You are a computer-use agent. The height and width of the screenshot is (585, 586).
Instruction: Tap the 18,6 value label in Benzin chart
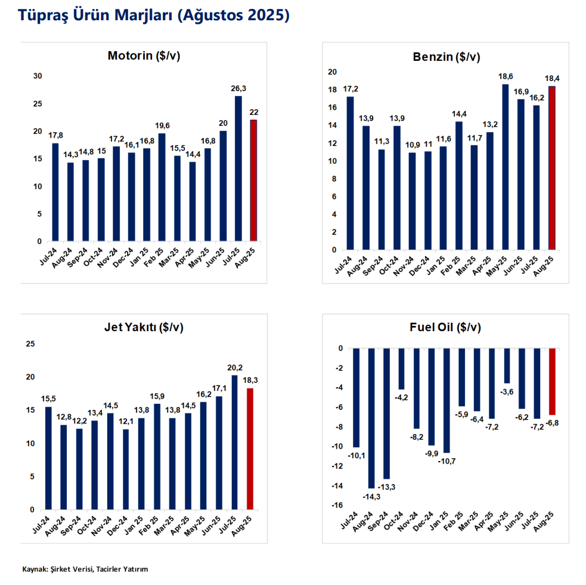point(505,77)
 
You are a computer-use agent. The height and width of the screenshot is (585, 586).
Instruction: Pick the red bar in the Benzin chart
point(551,168)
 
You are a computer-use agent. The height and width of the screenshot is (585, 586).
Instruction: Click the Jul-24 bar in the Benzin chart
point(350,173)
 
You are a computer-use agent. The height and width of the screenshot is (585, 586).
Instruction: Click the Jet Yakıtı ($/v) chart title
point(144,327)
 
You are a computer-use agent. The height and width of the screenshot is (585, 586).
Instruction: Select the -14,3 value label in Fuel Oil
point(371,496)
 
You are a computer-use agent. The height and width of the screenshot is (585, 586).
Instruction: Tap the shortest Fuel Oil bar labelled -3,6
point(507,366)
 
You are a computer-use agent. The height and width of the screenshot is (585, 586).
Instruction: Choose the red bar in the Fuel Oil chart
point(552,381)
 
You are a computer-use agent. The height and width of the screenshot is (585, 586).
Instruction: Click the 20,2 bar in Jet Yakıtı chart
point(234,442)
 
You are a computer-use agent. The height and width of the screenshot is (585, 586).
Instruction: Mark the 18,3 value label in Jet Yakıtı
point(250,381)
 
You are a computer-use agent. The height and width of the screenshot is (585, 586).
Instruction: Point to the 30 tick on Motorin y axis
point(38,76)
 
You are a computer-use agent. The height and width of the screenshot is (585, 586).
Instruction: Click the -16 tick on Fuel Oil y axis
point(337,505)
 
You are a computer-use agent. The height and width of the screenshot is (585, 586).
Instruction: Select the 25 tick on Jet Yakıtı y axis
point(31,344)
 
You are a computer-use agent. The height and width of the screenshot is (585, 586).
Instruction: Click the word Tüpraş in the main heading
point(44,16)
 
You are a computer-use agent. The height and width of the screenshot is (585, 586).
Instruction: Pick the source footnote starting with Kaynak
point(85,569)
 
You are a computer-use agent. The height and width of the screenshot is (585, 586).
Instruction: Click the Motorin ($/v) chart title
point(144,56)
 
